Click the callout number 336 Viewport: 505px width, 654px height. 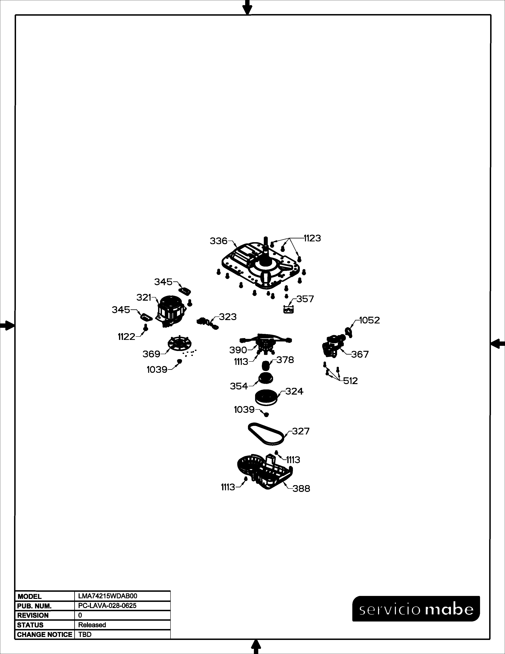pos(219,241)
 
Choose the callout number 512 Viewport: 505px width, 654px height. pos(350,381)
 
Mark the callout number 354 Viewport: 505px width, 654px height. pos(239,386)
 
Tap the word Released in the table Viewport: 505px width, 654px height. pos(92,625)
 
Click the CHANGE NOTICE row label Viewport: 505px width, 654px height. pos(45,635)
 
